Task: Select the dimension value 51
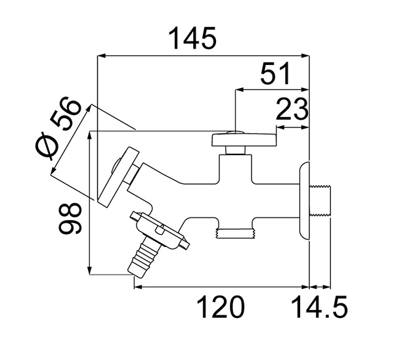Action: coord(275,74)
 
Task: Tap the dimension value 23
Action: coord(292,108)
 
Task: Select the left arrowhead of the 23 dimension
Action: coord(280,126)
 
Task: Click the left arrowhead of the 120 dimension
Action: coord(137,286)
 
